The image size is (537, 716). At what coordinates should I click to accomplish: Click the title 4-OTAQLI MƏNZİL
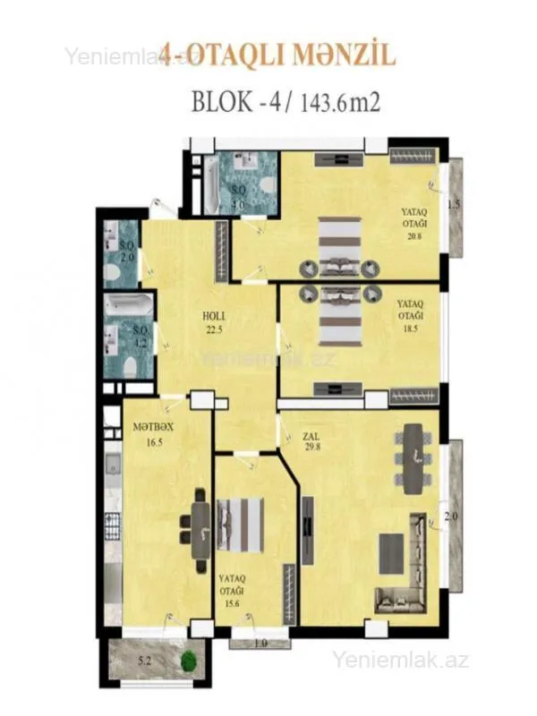[x=276, y=55]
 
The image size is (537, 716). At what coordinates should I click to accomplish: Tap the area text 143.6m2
[x=342, y=101]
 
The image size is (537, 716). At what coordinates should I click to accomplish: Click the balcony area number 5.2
[x=143, y=662]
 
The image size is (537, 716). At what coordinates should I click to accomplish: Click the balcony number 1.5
[x=453, y=205]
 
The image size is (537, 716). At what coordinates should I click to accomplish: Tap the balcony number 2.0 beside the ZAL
[x=451, y=516]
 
